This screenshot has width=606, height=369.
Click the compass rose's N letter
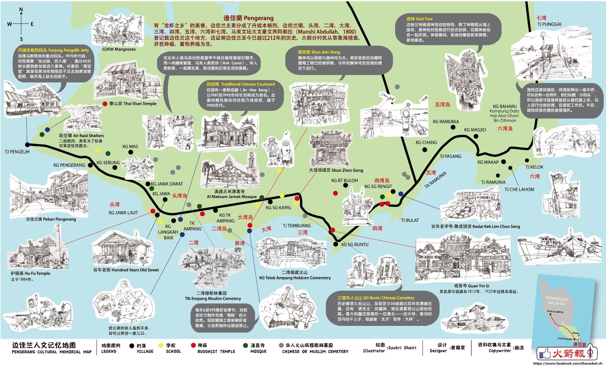pos(21,9)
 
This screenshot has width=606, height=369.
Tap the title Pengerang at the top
pos(248,18)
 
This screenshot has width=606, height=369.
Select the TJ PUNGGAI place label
pos(549,24)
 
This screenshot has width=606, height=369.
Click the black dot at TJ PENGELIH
pos(27,145)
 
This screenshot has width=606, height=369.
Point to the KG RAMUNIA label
pos(446,122)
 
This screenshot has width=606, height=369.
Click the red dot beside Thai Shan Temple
pos(105,104)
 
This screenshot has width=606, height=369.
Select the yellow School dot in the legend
pos(161,346)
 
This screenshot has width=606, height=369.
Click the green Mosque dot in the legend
pos(245,346)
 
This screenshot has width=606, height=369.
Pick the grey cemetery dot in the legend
pos(281,346)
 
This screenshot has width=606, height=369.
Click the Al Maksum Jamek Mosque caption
pos(231,196)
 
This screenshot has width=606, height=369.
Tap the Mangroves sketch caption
pos(119,49)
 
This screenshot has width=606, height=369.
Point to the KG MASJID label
pos(475,130)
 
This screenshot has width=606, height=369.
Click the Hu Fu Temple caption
pos(30,273)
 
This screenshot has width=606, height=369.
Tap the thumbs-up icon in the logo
pos(545,353)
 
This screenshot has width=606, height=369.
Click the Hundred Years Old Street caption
pos(126,270)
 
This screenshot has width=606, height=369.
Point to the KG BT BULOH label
pos(344,181)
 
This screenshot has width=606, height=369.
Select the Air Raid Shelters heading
pos(81,135)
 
